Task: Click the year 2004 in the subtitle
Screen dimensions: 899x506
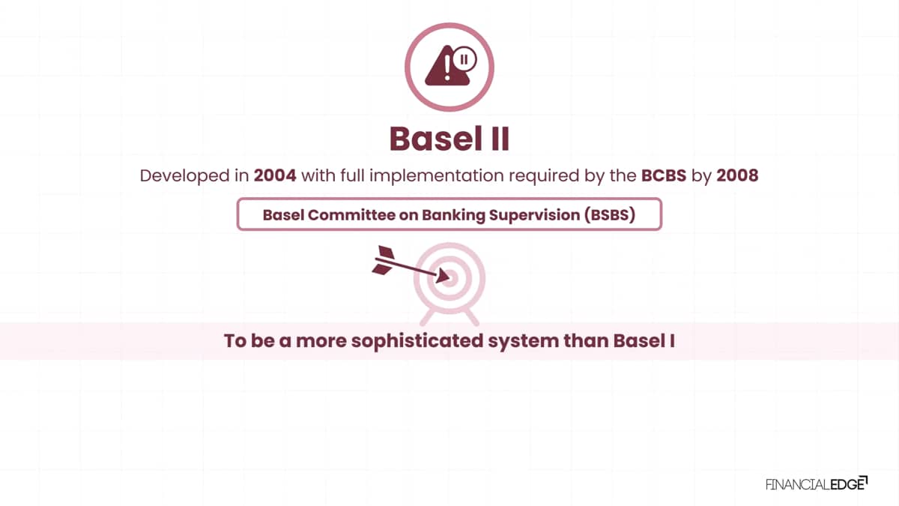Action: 275,175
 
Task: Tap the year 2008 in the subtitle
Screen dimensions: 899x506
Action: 737,175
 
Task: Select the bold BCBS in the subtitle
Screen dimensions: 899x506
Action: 664,175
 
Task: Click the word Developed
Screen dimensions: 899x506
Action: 185,176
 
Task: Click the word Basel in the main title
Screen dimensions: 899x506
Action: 436,139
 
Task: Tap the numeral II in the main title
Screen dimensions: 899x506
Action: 500,139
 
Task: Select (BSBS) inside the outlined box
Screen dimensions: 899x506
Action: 610,215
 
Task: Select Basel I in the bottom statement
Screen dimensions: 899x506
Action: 644,340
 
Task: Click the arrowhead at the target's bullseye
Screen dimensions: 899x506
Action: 442,277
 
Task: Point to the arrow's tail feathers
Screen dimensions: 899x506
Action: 384,260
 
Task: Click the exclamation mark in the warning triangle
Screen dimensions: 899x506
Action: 447,67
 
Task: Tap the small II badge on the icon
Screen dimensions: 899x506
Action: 464,59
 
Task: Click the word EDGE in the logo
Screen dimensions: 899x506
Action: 847,485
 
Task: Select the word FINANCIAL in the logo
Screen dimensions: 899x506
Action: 798,485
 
